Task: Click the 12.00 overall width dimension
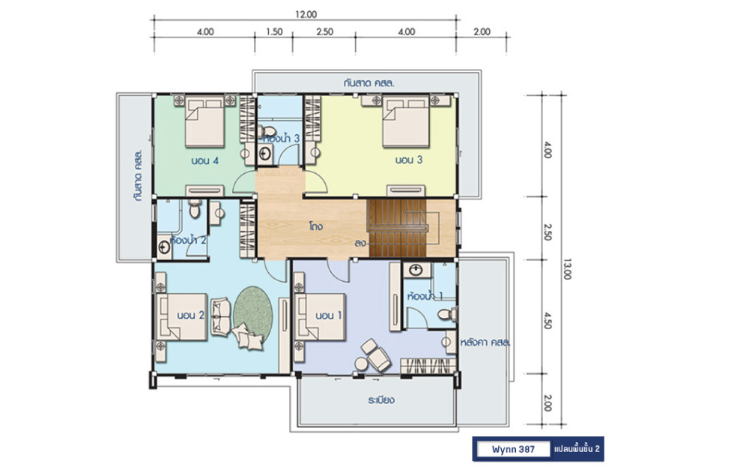tap(306, 14)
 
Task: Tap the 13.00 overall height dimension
tap(567, 269)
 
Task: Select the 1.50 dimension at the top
tap(274, 31)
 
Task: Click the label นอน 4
tap(205, 160)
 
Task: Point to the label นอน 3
tap(409, 160)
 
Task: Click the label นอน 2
tap(191, 316)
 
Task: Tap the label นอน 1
tap(328, 316)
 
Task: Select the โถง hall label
tap(316, 226)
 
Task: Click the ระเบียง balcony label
tap(381, 400)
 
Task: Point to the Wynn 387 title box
tap(513, 449)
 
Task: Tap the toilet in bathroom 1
tap(448, 314)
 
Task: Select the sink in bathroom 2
tap(164, 247)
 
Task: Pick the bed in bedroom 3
tap(405, 122)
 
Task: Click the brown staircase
tap(398, 228)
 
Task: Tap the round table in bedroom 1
tap(361, 364)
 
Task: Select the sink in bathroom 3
tap(266, 154)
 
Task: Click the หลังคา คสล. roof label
tap(485, 343)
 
